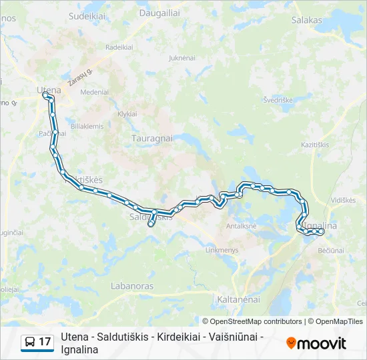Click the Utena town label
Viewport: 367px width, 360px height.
[x=48, y=90]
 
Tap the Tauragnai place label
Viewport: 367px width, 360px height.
[x=151, y=138]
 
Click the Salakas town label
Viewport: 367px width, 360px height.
[x=307, y=21]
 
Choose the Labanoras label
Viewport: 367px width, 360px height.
[x=133, y=286]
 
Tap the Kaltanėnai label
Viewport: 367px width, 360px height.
[x=238, y=300]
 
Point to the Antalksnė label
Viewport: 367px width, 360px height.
[x=242, y=226]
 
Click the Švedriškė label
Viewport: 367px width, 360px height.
[x=278, y=100]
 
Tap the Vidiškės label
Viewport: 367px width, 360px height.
[x=343, y=200]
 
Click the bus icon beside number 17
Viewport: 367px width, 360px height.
[x=30, y=342]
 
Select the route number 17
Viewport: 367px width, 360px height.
[x=45, y=342]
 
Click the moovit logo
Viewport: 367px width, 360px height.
[x=316, y=343]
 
